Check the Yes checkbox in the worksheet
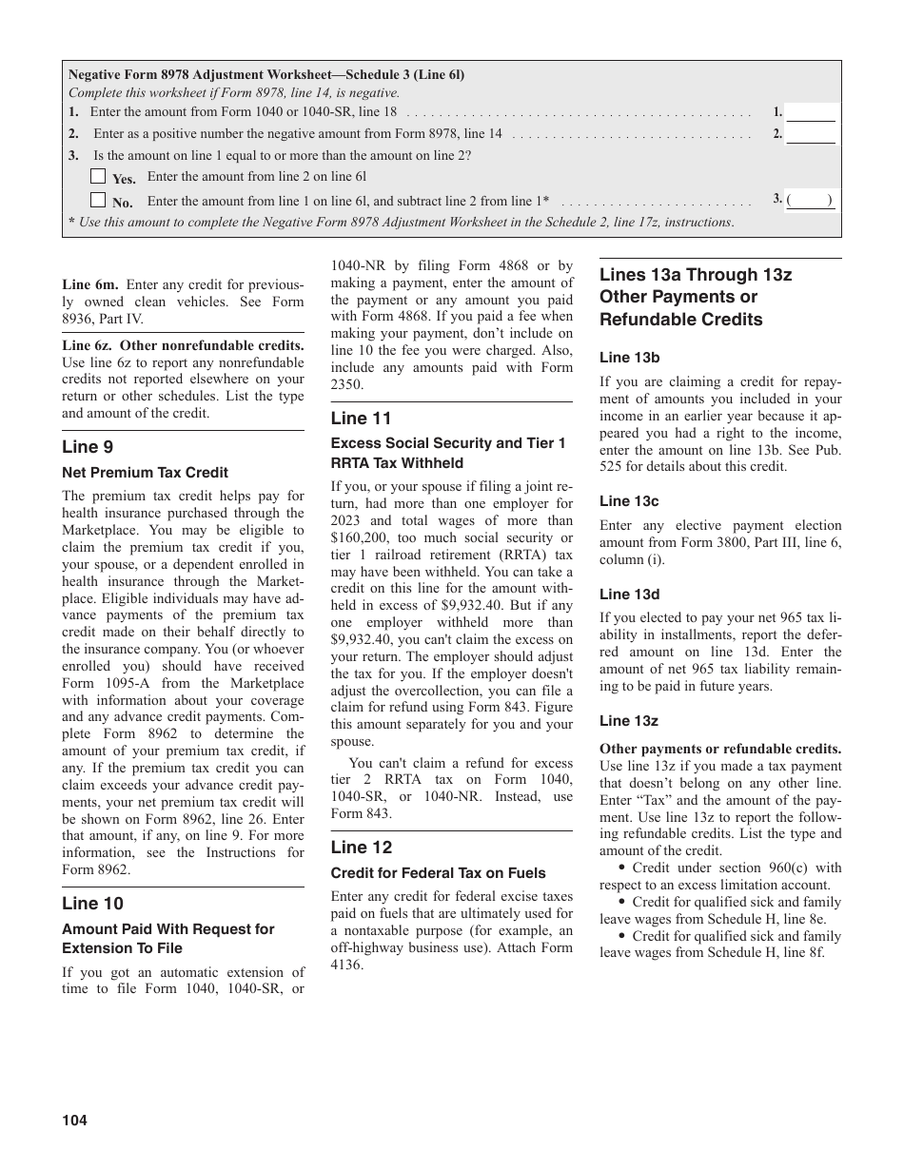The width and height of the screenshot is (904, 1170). click(x=98, y=176)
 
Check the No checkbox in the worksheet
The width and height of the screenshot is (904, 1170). click(x=98, y=200)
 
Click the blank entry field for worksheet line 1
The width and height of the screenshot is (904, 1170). click(x=811, y=112)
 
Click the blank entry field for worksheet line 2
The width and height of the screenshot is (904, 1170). click(x=811, y=135)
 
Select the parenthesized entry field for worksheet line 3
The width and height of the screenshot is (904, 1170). click(x=811, y=201)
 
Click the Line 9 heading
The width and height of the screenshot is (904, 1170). click(x=88, y=447)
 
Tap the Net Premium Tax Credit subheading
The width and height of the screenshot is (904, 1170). click(x=145, y=473)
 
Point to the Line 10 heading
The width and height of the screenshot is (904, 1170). click(x=92, y=904)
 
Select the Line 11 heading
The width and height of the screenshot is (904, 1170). click(x=361, y=419)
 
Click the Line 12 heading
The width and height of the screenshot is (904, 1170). click(x=362, y=848)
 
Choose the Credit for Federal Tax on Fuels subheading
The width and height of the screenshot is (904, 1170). click(x=438, y=872)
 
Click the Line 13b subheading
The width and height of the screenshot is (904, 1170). click(x=629, y=358)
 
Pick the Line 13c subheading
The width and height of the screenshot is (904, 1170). click(x=629, y=501)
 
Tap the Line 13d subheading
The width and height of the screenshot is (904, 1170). click(x=629, y=595)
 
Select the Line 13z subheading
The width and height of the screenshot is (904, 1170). click(x=628, y=722)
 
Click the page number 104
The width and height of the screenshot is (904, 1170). click(x=74, y=1121)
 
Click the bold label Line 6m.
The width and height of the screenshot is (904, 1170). click(x=90, y=284)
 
